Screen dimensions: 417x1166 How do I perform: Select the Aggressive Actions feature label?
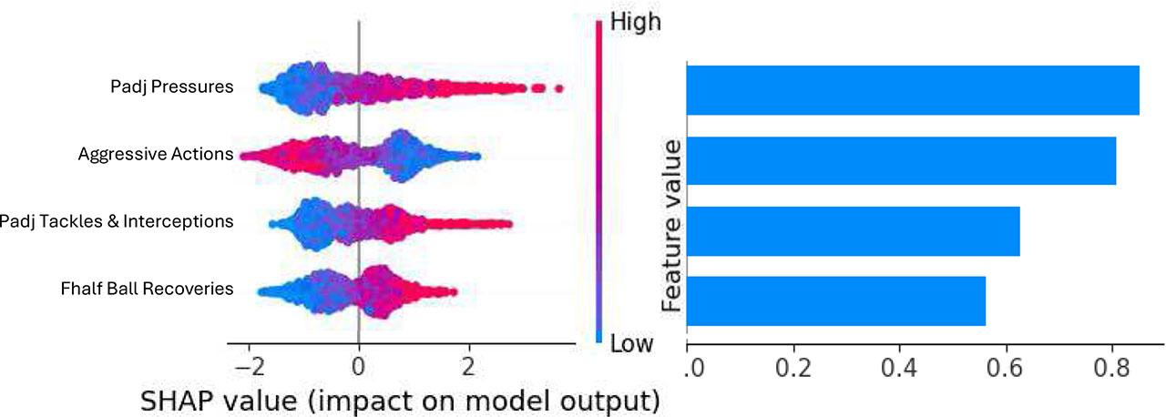156,154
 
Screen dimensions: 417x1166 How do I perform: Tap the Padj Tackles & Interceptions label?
117,221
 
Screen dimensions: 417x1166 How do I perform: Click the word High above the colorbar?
634,22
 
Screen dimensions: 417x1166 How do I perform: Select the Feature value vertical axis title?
672,227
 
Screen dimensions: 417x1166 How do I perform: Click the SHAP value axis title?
399,399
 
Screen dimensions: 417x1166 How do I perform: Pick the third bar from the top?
853,231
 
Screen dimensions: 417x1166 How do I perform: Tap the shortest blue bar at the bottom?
835,300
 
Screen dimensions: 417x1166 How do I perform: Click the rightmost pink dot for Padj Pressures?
558,87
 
